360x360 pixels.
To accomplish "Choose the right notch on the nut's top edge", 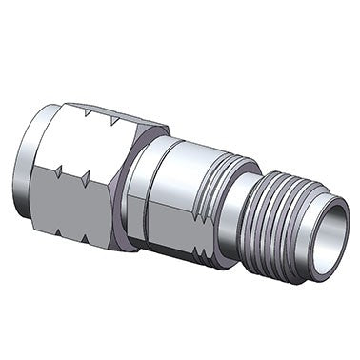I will click(x=115, y=118).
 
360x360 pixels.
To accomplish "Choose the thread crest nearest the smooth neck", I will click(x=269, y=214).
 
